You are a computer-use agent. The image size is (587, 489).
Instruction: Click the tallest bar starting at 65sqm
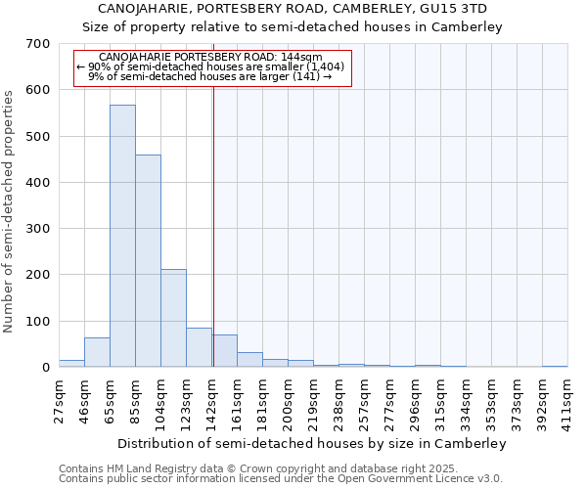tap(122, 236)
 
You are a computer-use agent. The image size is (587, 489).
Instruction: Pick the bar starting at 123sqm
tap(199, 347)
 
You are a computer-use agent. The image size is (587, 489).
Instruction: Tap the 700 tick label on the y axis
tap(38, 44)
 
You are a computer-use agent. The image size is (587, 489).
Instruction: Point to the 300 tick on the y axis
tap(38, 229)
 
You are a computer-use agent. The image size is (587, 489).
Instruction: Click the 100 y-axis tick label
tap(38, 321)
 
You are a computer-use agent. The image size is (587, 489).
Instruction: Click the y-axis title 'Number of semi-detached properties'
tap(10, 211)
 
